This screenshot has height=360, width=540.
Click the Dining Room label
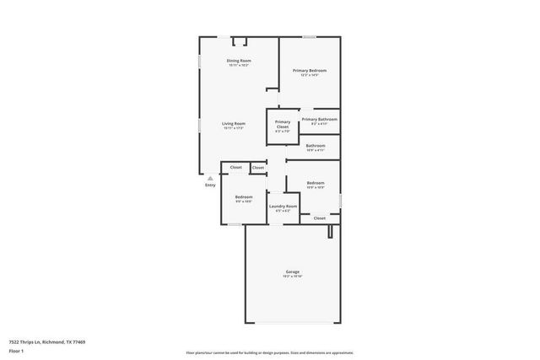click(x=239, y=61)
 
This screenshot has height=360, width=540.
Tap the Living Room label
click(x=233, y=123)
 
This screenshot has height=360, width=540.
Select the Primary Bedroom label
click(x=310, y=70)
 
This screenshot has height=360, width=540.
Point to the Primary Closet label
click(x=283, y=125)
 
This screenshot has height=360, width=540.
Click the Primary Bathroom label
click(x=320, y=119)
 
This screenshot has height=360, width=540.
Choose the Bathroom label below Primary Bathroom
click(x=316, y=145)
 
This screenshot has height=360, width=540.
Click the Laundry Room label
click(x=283, y=206)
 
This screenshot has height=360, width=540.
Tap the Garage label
click(x=293, y=271)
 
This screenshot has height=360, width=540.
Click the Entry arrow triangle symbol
click(x=211, y=178)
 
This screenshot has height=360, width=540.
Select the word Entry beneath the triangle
click(x=211, y=185)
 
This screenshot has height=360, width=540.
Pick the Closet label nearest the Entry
click(x=236, y=167)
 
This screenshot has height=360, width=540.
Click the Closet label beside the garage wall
click(x=320, y=218)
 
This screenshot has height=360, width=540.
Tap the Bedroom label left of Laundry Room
click(x=244, y=196)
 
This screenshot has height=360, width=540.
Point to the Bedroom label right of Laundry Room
click(x=316, y=183)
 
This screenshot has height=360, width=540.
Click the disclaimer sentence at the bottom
click(x=269, y=352)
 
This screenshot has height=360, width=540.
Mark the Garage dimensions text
click(x=293, y=277)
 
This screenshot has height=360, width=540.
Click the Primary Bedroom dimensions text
click(x=310, y=75)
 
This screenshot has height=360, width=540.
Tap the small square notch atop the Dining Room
click(x=240, y=40)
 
